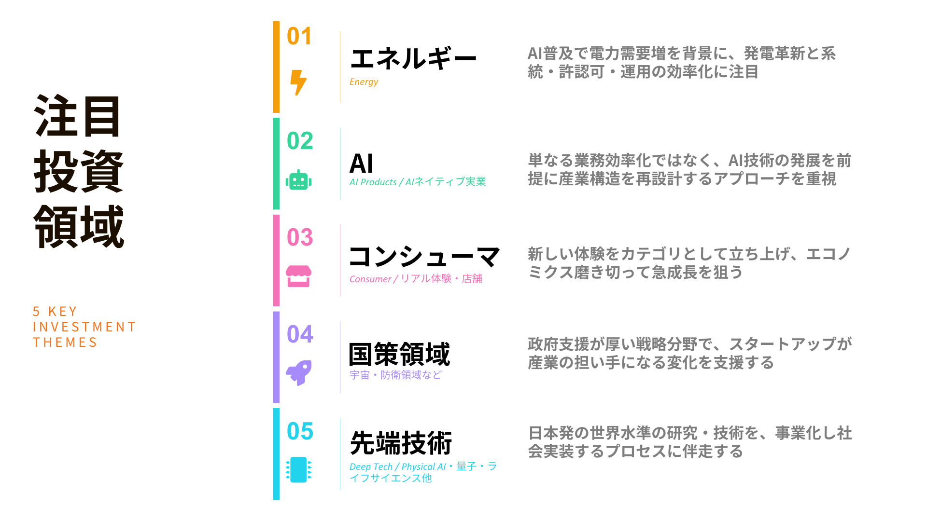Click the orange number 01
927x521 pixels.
pos(299,36)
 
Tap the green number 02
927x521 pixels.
pos(300,141)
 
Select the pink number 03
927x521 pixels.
pos(300,237)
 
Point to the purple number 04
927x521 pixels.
pos(300,334)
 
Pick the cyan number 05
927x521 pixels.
pos(300,431)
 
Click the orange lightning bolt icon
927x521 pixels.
pos(298,82)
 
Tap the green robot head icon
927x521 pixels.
pos(298,180)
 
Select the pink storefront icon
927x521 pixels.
pos(298,276)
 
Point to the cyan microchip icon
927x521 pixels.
pos(298,469)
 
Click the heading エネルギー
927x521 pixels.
pos(413,59)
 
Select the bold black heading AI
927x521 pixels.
pos(361,164)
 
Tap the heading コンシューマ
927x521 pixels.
pos(424,257)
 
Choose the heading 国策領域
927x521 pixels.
pos(399,355)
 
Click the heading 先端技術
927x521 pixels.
pos(401,443)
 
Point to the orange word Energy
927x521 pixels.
pos(364,82)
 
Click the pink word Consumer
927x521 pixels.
pos(370,279)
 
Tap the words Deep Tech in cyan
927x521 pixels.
pos(371,467)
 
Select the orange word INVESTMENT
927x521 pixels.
pos(84,327)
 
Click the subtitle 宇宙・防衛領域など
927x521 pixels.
pos(395,375)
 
